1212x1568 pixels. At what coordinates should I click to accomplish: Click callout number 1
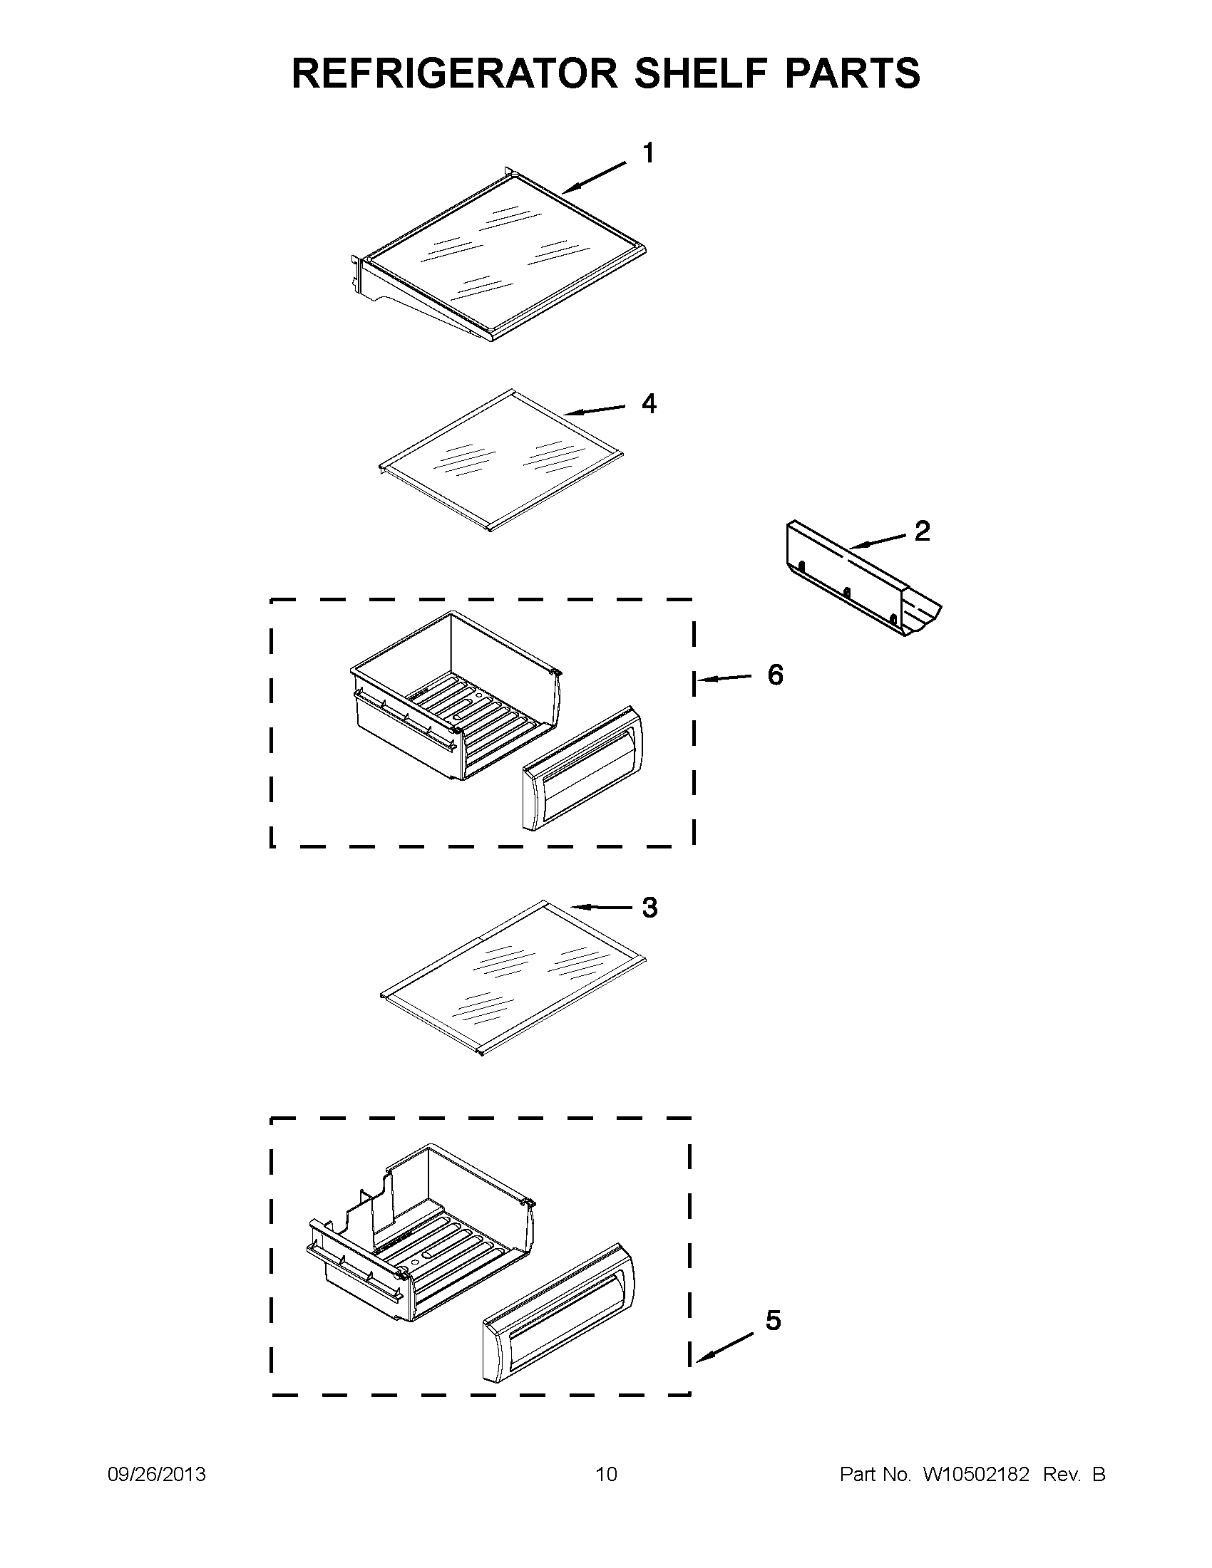click(648, 153)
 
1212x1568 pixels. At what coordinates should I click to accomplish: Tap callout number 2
click(922, 531)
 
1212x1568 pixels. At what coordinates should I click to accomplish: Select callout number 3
click(649, 908)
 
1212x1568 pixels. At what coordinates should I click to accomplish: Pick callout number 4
click(649, 404)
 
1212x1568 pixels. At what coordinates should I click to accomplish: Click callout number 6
click(775, 674)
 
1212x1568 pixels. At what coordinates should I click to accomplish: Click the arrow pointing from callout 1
click(593, 178)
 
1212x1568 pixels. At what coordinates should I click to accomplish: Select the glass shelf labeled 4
click(500, 460)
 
